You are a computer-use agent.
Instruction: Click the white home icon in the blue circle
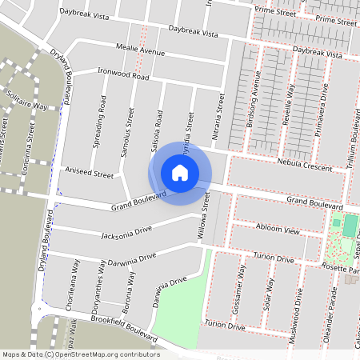[180, 173]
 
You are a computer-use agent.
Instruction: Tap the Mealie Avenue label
[141, 51]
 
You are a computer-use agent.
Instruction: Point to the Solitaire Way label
[28, 106]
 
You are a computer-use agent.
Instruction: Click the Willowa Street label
[205, 218]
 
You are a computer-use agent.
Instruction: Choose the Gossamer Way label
[242, 289]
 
